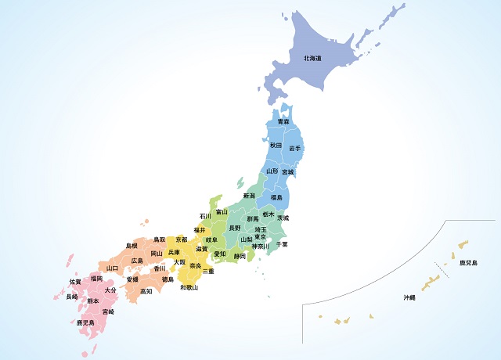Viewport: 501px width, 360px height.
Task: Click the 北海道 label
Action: click(x=312, y=59)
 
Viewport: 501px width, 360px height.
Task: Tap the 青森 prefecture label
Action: click(x=283, y=122)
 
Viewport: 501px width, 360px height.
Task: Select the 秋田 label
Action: click(x=276, y=146)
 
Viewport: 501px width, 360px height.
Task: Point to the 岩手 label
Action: click(x=295, y=149)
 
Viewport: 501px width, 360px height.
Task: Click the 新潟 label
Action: click(x=249, y=196)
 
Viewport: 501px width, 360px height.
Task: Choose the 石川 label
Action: click(x=205, y=216)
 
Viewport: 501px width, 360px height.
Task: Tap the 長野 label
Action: click(x=235, y=228)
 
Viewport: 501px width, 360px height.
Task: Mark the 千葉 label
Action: click(x=282, y=244)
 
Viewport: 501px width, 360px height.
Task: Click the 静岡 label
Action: click(x=240, y=256)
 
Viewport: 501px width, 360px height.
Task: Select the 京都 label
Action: click(x=182, y=239)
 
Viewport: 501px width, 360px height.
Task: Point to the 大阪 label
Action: click(x=179, y=262)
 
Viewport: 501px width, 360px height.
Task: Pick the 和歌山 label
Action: click(x=189, y=288)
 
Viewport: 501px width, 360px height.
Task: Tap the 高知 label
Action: click(x=146, y=291)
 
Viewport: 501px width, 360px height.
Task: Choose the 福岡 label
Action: click(x=96, y=278)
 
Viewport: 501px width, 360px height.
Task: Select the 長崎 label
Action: click(x=71, y=297)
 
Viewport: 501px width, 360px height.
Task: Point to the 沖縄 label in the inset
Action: click(x=409, y=297)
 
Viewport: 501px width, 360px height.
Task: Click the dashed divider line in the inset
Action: click(x=442, y=271)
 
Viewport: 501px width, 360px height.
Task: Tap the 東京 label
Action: click(x=261, y=237)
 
